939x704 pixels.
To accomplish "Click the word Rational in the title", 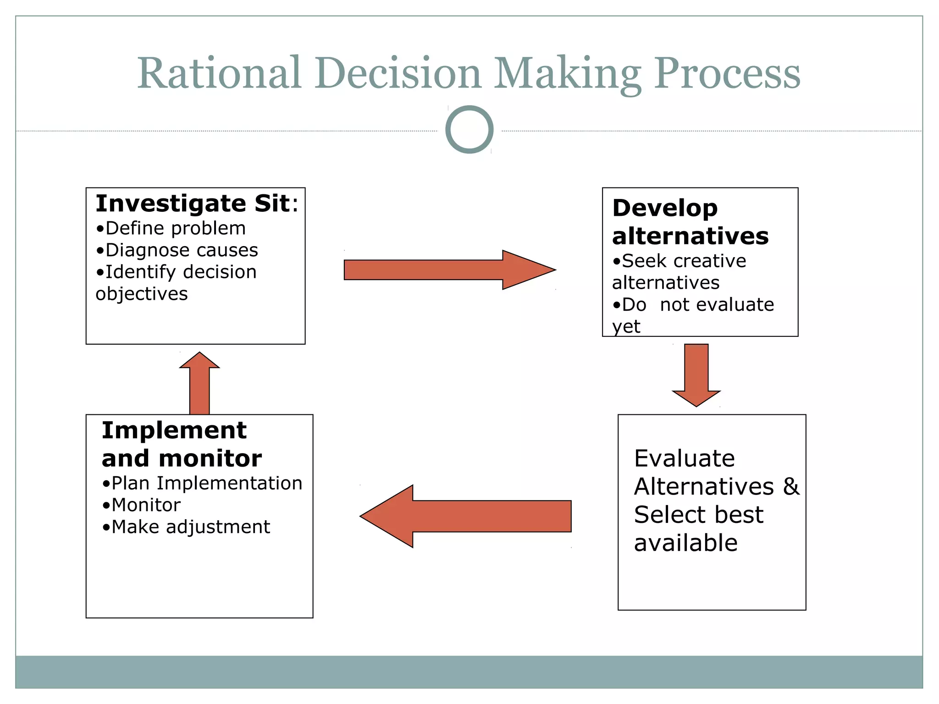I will coord(219,73).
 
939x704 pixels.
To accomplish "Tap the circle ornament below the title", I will coord(469,130).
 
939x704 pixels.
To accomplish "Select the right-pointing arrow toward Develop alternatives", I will coord(449,270).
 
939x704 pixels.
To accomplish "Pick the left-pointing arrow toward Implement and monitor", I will coord(465,516).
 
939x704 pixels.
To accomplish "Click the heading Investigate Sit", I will coord(196,203).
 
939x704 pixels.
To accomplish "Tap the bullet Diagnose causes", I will coord(177,250).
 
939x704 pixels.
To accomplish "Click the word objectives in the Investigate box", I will coord(142,294).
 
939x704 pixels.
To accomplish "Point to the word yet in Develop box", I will coord(626,326).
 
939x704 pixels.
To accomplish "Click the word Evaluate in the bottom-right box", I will coord(684,458).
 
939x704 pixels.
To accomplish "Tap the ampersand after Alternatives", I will coord(791,486).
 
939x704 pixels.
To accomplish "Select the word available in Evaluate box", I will coord(685,543).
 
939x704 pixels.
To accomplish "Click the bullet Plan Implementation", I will coord(202,484).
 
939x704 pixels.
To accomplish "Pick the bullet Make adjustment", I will coord(186,527).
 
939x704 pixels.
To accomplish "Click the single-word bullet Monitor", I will coord(142,505).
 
